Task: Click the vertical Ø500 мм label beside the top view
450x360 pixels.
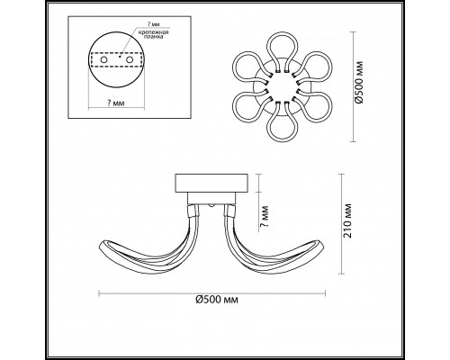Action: pos(359,83)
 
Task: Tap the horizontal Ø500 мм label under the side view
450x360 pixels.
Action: pos(217,300)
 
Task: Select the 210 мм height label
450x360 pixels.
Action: pos(347,220)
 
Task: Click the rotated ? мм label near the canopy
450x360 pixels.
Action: pos(265,217)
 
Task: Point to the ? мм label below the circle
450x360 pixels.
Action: pos(116,103)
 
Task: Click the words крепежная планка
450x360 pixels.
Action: pos(153,34)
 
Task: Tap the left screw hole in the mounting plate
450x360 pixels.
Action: pos(103,60)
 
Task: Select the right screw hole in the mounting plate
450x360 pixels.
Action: pos(130,60)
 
